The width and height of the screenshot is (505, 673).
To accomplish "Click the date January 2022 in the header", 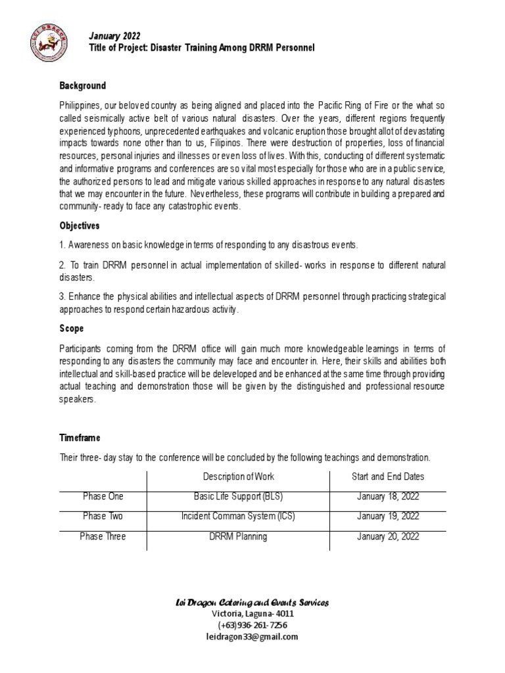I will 114,35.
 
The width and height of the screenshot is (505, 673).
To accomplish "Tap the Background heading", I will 83,86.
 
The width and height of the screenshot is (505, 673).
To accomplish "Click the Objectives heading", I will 80,225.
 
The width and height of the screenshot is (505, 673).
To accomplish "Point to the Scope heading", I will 72,328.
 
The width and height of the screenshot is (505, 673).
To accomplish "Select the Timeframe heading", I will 80,437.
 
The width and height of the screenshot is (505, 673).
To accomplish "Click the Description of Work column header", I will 238,476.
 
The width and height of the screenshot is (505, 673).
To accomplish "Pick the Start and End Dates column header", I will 388,476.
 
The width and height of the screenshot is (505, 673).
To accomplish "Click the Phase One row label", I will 103,496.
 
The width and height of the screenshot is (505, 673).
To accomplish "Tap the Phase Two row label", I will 103,517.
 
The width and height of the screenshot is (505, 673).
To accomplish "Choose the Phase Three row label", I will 103,537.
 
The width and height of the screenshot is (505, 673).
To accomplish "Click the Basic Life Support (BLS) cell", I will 238,496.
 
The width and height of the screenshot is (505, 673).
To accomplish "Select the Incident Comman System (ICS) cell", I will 238,517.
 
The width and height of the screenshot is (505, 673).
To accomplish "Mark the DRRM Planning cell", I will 238,537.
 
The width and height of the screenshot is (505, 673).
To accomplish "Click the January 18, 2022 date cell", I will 388,496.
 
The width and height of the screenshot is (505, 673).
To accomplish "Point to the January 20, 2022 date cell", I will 388,537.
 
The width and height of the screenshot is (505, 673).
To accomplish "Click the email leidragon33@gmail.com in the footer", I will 252,637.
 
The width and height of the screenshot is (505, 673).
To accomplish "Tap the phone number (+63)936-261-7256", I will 252,625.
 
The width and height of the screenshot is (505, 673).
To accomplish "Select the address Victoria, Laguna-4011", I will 252,613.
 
